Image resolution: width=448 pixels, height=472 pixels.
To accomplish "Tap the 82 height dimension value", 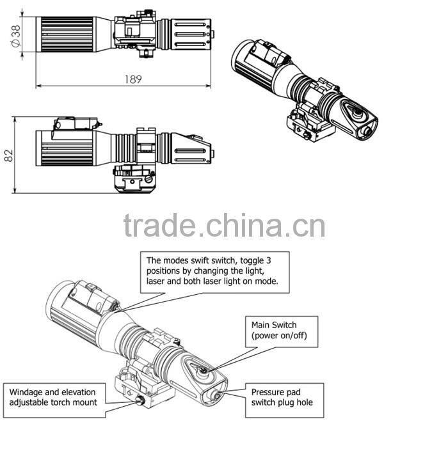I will [x=8, y=155].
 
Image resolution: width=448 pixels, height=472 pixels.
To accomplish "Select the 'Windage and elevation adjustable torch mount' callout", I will [x=54, y=397].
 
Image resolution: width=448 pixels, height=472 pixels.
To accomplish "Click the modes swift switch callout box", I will [x=214, y=271].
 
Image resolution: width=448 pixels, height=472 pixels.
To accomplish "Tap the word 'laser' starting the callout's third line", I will [x=158, y=281].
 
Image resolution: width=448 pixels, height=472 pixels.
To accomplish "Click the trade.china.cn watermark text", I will [x=224, y=226].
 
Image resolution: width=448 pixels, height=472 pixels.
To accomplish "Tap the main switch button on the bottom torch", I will [x=204, y=369].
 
